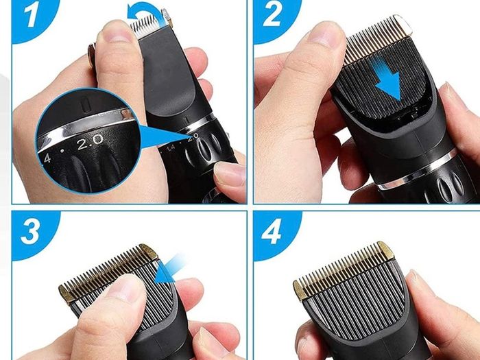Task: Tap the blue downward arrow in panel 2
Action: (x=387, y=79)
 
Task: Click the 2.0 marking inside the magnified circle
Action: (x=90, y=143)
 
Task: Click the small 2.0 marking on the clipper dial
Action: (x=193, y=137)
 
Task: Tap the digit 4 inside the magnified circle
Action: (x=47, y=158)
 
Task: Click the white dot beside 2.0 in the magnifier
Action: (x=62, y=151)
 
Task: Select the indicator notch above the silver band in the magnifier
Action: (x=86, y=104)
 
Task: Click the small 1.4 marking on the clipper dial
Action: (x=171, y=148)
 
